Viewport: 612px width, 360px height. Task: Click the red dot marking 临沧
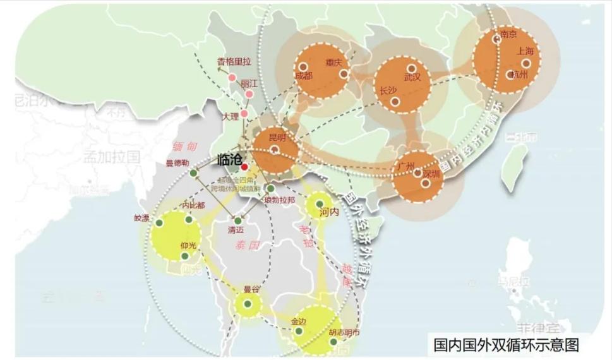(x=244, y=167)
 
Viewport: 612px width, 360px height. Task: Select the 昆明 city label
(x=277, y=137)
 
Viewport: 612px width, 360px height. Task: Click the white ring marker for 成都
(x=303, y=66)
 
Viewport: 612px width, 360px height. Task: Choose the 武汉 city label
(x=412, y=78)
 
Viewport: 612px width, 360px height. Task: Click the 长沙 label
(x=388, y=90)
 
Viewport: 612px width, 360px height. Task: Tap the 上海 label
(x=525, y=51)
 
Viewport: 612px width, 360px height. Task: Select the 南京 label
(x=508, y=34)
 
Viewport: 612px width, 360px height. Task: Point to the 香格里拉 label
(x=234, y=61)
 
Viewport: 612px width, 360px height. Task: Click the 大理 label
(x=231, y=117)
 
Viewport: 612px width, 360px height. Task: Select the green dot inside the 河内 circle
(x=320, y=204)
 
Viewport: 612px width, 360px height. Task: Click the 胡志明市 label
(x=344, y=332)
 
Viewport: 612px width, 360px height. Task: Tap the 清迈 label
(x=236, y=231)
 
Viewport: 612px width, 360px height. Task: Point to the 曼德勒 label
(x=178, y=163)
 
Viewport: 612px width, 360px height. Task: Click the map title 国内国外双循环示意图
(x=507, y=345)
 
